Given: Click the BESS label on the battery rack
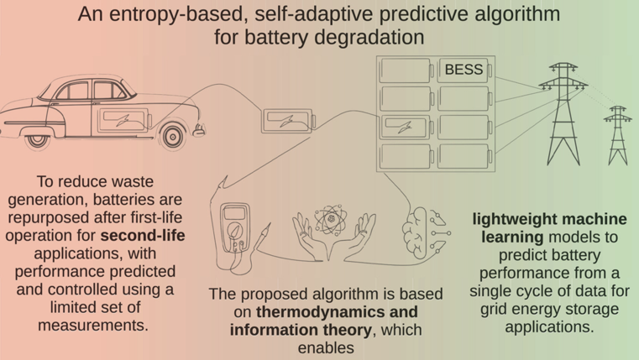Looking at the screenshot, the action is coord(464,70).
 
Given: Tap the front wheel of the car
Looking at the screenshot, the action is coord(173,137).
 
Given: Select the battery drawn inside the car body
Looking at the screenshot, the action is coord(124,120).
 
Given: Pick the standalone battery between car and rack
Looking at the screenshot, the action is coord(288,121).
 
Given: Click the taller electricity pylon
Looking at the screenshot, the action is coord(563,113).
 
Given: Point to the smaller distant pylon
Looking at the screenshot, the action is coord(618,135).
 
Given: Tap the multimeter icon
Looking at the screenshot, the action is coord(235,228).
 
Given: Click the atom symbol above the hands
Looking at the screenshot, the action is coord(331,220).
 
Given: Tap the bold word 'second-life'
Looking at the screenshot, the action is coord(143,235).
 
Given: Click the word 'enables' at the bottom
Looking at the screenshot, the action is coord(326,347).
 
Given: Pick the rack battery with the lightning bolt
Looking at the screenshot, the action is coord(406,127).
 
